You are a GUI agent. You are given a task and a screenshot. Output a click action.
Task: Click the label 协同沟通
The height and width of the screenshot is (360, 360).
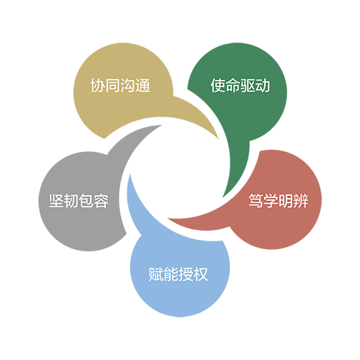coord(120,86)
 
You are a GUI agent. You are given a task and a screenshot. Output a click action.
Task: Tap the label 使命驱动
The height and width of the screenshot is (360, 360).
coord(240,86)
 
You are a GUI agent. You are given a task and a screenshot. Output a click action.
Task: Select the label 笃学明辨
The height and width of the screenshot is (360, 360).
coord(278,201)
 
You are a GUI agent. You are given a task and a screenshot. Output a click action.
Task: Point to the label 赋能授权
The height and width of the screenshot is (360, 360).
coord(178,274)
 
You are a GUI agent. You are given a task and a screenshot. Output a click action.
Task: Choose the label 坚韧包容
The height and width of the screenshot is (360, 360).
coord(78,201)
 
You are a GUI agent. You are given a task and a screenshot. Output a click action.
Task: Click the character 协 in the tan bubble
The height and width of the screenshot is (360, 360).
coord(98,86)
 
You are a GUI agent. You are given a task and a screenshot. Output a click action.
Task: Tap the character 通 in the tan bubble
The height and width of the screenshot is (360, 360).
coord(143,86)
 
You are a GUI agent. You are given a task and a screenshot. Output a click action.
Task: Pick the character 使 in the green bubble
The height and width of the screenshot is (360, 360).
coord(217,86)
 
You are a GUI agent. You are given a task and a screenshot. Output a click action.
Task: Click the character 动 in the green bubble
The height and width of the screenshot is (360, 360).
coord(263,86)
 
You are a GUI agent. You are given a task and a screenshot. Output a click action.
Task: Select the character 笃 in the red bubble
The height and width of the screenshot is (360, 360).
coord(256,201)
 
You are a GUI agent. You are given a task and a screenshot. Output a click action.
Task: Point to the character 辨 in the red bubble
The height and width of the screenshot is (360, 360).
coord(301,201)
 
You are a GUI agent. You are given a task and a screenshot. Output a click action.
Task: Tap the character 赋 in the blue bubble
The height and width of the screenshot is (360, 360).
coord(156,274)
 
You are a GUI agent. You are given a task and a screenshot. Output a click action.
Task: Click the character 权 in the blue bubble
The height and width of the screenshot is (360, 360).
coord(201,274)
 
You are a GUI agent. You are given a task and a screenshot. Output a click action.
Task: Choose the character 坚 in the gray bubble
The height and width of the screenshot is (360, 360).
coord(56,201)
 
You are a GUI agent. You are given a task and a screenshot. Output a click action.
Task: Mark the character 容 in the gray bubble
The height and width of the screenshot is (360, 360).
coord(102,201)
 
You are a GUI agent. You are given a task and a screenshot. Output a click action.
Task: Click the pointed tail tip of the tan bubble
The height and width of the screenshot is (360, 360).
coord(218,138)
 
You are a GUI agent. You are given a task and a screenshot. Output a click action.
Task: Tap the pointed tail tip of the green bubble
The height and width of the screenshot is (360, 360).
coord(223,197)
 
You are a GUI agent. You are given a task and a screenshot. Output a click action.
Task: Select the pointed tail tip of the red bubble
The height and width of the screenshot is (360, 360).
coord(168,219)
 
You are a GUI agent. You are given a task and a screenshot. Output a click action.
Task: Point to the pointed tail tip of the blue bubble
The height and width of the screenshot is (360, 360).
coord(130,174)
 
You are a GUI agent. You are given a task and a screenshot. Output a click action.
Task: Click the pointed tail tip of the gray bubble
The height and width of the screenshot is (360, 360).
coord(161,125)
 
